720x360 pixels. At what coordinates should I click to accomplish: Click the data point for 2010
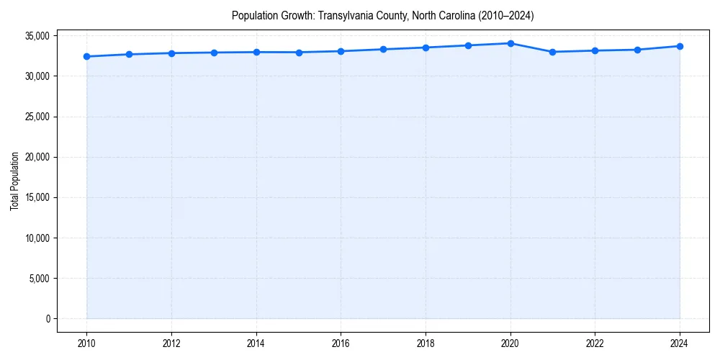coord(86,56)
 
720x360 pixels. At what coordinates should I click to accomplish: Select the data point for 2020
coord(510,43)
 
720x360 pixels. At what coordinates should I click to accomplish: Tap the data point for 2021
coord(552,52)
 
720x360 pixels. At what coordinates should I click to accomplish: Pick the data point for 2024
coord(680,46)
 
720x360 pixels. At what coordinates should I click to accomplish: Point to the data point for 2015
coord(299,52)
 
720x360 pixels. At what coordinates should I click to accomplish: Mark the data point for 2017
coord(383,49)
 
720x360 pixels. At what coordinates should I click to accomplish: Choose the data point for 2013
coord(214,53)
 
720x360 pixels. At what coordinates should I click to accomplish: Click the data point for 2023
coord(637,50)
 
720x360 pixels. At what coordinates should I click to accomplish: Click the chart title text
coord(382,15)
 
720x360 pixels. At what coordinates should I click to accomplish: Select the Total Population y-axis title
coord(15,181)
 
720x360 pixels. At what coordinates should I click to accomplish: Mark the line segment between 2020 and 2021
coord(531,48)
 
